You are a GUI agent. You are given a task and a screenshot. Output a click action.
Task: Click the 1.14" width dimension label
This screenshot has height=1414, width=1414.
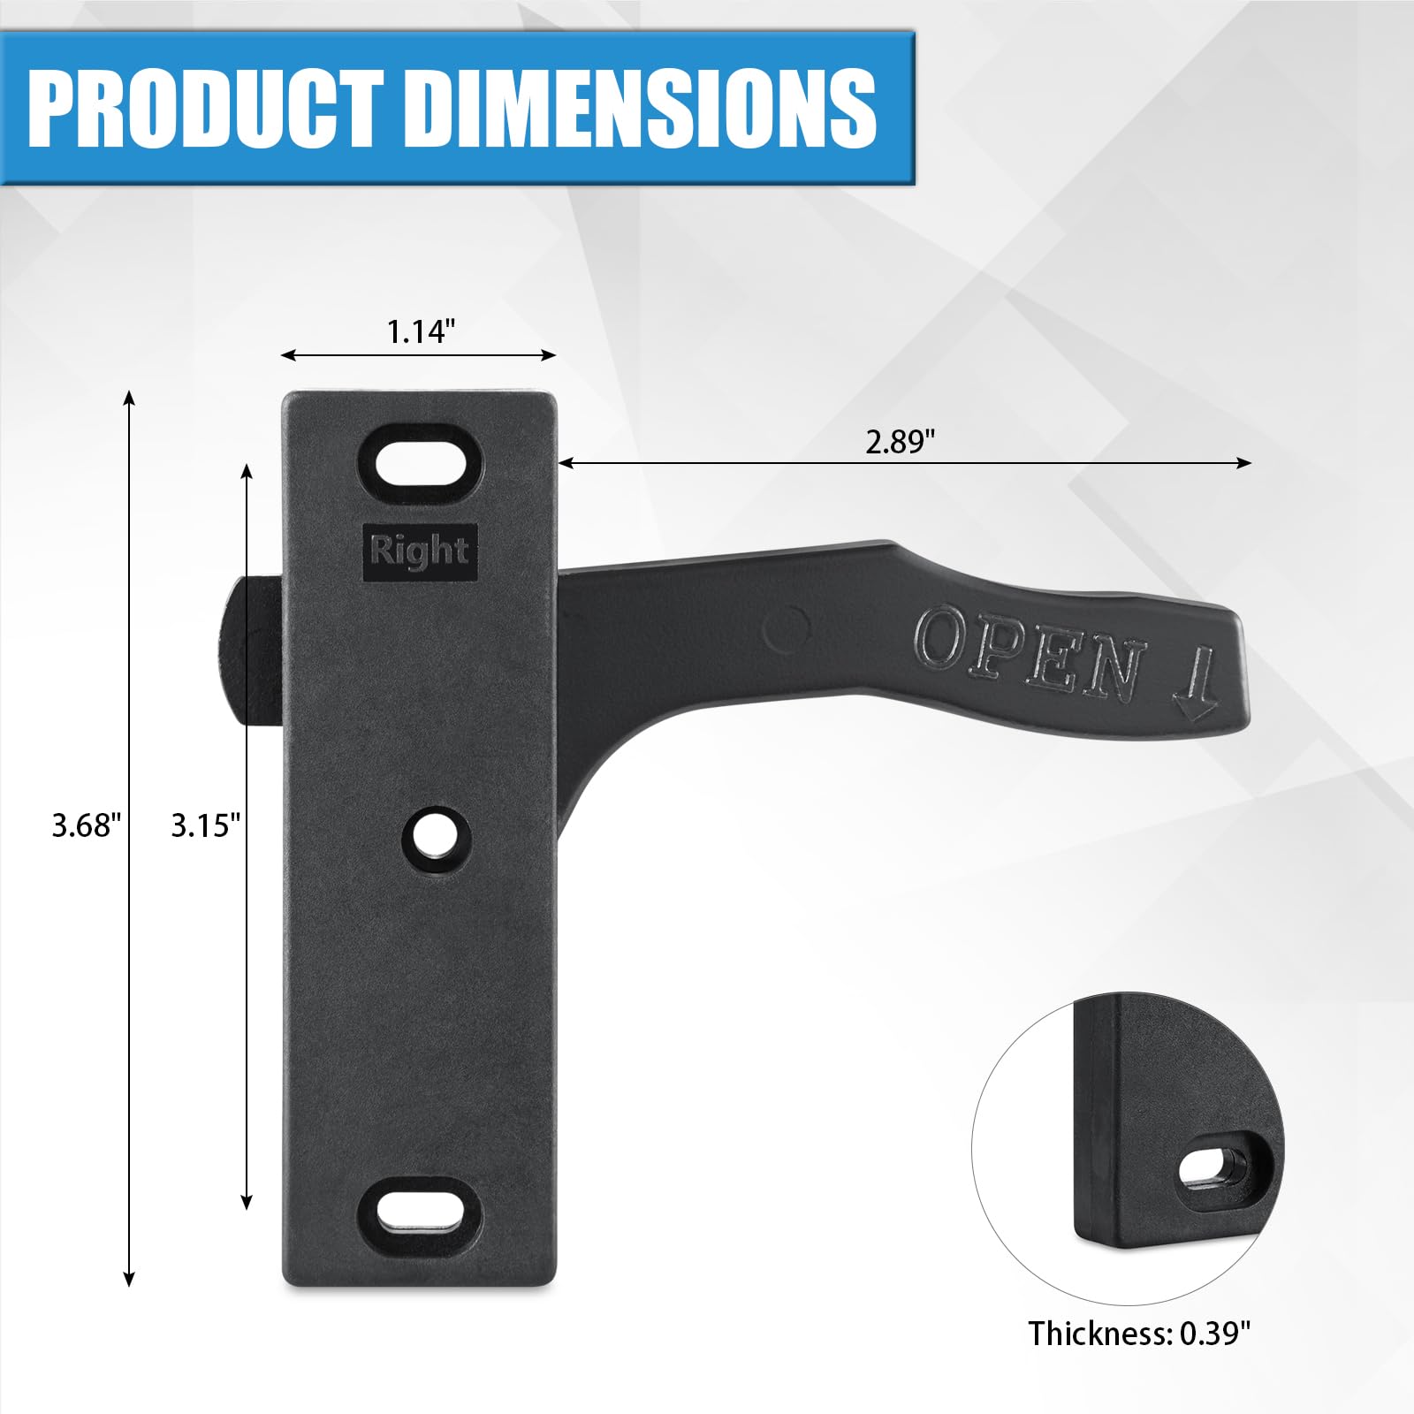[x=421, y=331]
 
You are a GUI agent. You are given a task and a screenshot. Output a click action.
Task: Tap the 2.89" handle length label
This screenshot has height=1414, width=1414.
[x=900, y=441]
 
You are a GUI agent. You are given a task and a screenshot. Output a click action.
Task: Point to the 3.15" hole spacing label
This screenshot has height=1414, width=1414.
[x=205, y=825]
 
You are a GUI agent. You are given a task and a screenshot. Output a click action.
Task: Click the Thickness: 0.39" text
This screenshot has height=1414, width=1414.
[x=1139, y=1333]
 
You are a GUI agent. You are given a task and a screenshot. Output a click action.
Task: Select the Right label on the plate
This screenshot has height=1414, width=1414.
[x=420, y=551]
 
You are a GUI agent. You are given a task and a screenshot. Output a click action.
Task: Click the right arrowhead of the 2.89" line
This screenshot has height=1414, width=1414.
[x=1245, y=463]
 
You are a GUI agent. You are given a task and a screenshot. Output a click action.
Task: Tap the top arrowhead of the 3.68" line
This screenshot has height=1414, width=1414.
[x=129, y=397]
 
